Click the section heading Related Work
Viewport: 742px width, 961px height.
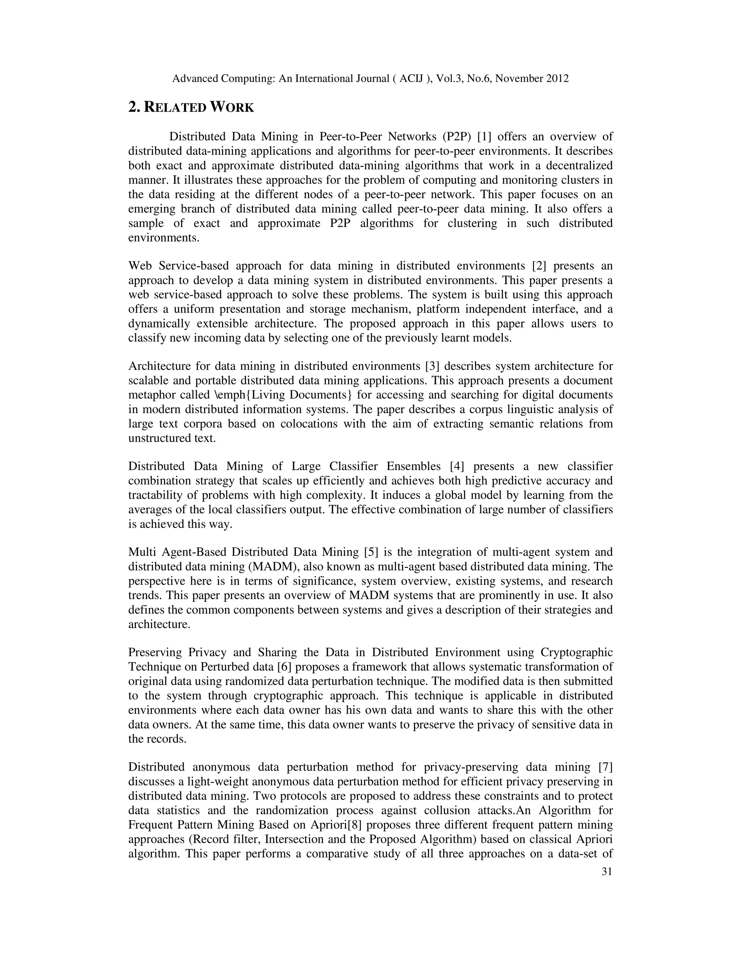point(191,107)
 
